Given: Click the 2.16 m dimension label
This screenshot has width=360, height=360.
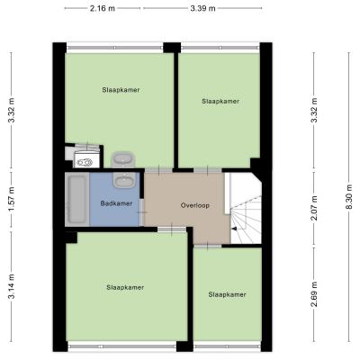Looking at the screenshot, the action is click(x=103, y=8).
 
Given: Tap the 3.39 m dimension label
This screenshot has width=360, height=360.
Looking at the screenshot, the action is click(x=202, y=8).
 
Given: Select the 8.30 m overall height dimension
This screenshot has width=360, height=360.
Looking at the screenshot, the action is click(x=350, y=197).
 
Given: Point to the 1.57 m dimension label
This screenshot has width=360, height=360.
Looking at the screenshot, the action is click(x=12, y=199).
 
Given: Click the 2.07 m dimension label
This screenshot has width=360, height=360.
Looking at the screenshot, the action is click(x=314, y=208).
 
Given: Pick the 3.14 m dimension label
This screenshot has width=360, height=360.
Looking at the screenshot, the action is click(x=12, y=286).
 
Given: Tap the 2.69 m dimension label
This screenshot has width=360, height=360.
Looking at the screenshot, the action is click(x=314, y=294).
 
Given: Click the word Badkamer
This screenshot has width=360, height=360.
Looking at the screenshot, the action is click(x=116, y=203).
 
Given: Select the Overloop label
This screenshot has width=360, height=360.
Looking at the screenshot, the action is click(x=195, y=205).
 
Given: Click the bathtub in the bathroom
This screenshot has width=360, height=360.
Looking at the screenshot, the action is click(x=77, y=200).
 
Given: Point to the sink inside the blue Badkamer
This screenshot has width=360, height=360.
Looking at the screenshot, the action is click(x=124, y=181).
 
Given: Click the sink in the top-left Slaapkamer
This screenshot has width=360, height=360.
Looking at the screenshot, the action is click(x=123, y=159).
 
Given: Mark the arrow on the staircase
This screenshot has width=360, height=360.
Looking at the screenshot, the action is click(x=234, y=229).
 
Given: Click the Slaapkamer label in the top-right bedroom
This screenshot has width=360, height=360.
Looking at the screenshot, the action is click(x=220, y=102).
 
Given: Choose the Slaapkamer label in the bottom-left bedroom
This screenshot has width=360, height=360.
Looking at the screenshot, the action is click(x=125, y=287).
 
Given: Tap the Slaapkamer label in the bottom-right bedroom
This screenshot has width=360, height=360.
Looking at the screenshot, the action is click(x=228, y=294).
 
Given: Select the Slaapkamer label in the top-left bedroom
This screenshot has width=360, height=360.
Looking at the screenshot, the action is click(x=121, y=90).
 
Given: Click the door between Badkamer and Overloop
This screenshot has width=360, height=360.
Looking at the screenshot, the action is click(x=141, y=212).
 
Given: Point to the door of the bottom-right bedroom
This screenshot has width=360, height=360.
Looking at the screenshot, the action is click(x=207, y=246).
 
